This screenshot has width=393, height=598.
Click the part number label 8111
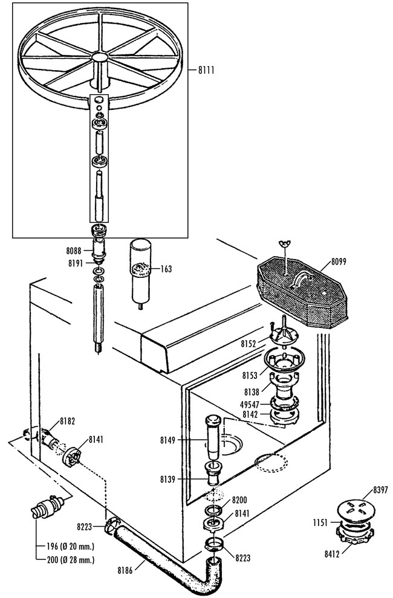pyautogui.click(x=206, y=70)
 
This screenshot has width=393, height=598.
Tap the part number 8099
pyautogui.click(x=340, y=262)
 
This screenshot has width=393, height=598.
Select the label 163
pyautogui.click(x=166, y=269)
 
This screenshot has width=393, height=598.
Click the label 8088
pyautogui.click(x=74, y=251)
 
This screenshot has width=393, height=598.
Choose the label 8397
pyautogui.click(x=381, y=490)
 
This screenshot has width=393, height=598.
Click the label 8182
pyautogui.click(x=67, y=422)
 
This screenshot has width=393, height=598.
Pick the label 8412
pyautogui.click(x=333, y=554)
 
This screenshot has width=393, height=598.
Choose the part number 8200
pyautogui.click(x=239, y=501)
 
